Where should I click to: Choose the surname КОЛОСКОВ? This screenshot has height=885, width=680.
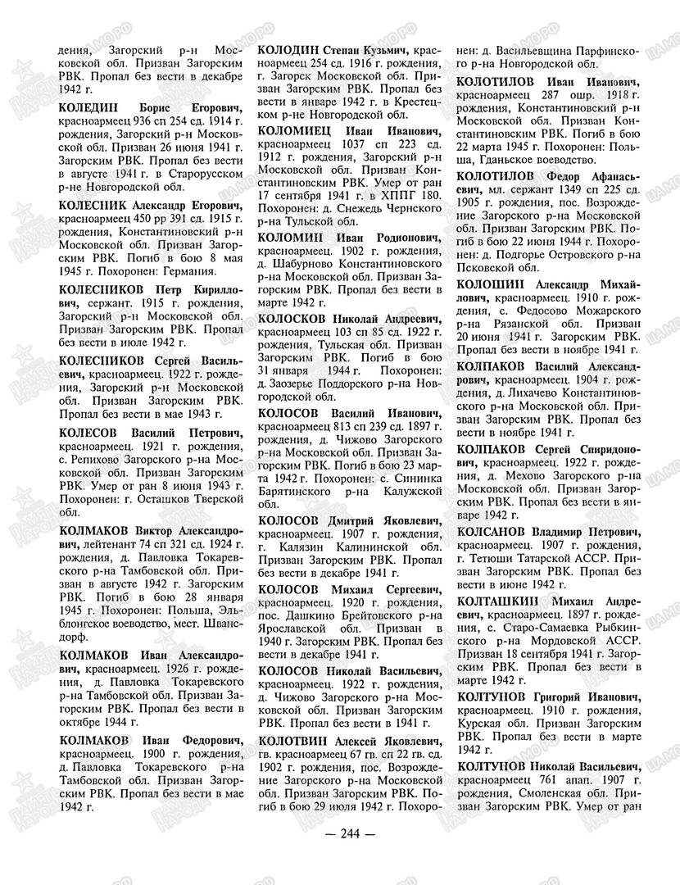click(291, 318)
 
